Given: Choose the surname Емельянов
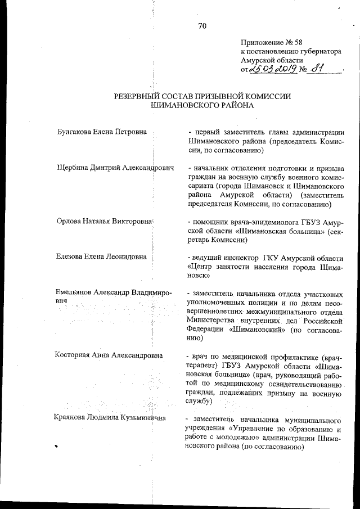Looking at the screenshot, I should pyautogui.click(x=76, y=293).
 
